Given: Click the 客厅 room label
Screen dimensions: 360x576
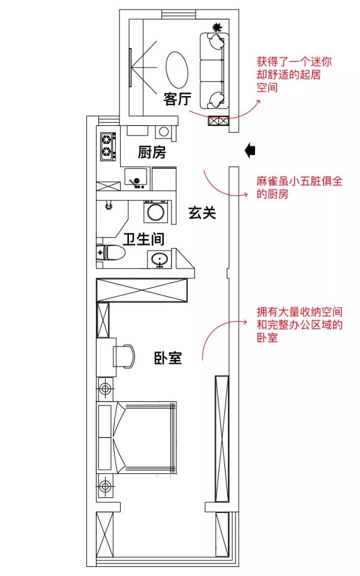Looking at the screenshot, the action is pos(178,99).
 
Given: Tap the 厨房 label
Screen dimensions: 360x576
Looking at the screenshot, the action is pos(152,152).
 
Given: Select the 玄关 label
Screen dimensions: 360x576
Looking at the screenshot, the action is pos(202,212).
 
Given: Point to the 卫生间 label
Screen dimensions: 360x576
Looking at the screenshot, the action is pos(143,239).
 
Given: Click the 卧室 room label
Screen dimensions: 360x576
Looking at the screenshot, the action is pos(168,358).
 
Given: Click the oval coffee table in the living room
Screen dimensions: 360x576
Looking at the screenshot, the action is pos(176,70).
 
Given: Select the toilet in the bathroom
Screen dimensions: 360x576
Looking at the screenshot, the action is pos(112,253).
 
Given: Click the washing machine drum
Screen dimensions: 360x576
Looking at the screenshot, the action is pos(155,212).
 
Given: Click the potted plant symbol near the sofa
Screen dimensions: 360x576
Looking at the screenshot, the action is pos(217,27).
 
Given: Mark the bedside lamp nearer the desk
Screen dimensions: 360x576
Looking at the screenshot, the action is pos(106,388).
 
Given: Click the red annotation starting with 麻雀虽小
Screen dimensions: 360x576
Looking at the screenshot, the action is pos(299,187).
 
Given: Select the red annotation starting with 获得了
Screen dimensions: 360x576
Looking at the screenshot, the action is pos(294,74).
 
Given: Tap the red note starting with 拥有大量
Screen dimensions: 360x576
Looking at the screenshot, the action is pos(299,325).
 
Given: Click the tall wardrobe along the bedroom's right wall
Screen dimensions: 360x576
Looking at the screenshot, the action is pos(222,439).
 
